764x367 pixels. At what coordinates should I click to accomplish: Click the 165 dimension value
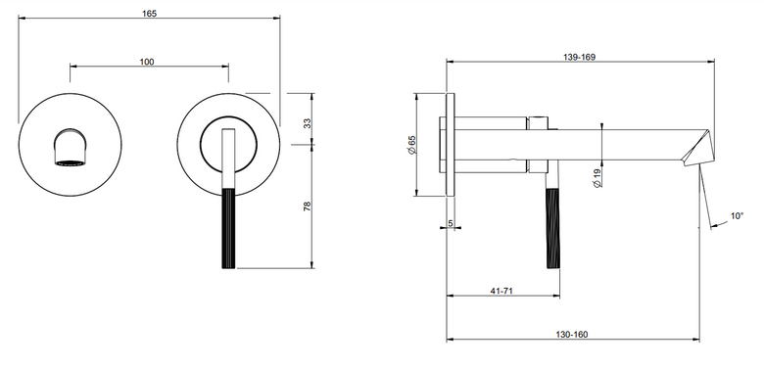click(x=150, y=14)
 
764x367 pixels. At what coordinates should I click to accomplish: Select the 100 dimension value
click(x=147, y=62)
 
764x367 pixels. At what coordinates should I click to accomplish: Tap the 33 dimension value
click(x=307, y=123)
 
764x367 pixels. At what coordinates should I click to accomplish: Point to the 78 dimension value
click(x=307, y=206)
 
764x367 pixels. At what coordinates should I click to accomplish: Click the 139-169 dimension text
click(x=579, y=57)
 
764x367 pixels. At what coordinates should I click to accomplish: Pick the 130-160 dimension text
click(x=572, y=335)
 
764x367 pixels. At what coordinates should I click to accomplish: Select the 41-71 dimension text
click(x=501, y=291)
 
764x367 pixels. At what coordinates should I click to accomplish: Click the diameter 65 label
click(x=411, y=145)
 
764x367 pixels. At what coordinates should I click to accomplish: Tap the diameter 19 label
click(x=597, y=178)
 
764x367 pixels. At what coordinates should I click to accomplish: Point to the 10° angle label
click(x=738, y=215)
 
